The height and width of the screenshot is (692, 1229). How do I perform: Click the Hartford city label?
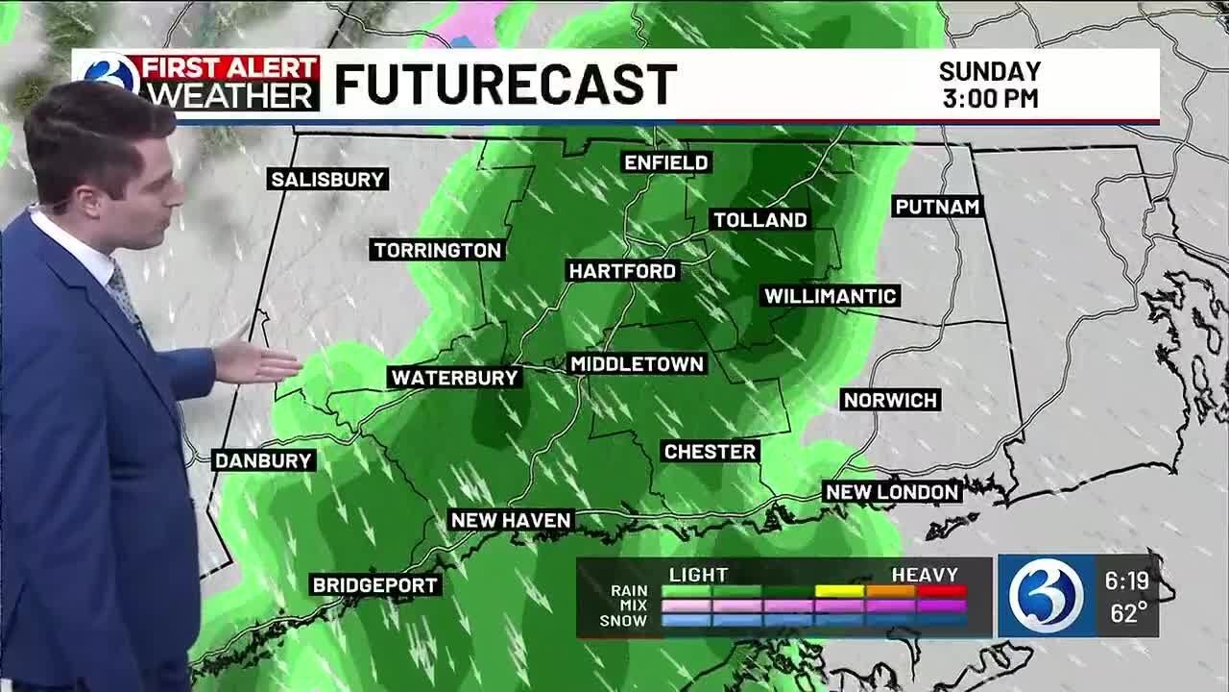(623, 271)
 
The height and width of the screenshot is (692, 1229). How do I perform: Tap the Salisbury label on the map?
(327, 180)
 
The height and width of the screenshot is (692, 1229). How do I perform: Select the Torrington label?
(438, 251)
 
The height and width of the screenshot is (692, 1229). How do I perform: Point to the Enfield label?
(666, 162)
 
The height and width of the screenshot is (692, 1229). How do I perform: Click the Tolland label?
(759, 220)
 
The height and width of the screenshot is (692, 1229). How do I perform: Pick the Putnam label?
(937, 207)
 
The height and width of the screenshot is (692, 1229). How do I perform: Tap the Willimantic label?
(831, 296)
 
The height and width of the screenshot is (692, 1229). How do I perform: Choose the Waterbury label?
(455, 378)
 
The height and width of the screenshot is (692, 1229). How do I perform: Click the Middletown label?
(638, 364)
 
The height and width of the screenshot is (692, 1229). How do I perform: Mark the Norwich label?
(890, 400)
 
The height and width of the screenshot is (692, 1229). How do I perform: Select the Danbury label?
(263, 460)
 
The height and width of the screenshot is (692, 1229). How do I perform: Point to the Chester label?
(711, 452)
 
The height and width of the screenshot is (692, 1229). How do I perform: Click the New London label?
(893, 492)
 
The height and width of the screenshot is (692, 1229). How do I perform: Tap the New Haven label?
(511, 520)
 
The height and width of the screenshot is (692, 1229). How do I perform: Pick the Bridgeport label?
(375, 585)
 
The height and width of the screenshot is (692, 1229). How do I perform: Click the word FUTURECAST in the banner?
(505, 85)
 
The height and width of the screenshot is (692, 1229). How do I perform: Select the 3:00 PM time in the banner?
(989, 99)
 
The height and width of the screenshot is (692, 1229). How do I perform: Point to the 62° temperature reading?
(1128, 613)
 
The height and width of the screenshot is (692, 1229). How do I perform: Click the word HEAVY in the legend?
(925, 575)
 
